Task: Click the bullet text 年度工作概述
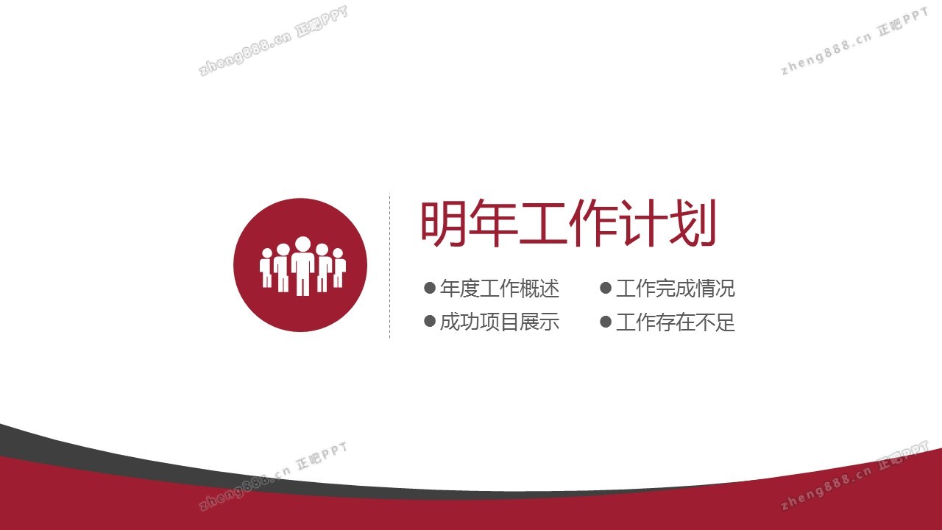pyautogui.click(x=500, y=289)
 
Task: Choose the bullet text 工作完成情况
pyautogui.click(x=676, y=289)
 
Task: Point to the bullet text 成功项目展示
pyautogui.click(x=500, y=322)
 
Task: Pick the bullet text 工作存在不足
pyautogui.click(x=676, y=322)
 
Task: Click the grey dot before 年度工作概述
pyautogui.click(x=429, y=288)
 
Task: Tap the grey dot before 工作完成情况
pyautogui.click(x=606, y=288)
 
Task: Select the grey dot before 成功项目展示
pyautogui.click(x=429, y=322)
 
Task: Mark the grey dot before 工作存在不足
pyautogui.click(x=606, y=322)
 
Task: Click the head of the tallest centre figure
pyautogui.click(x=302, y=244)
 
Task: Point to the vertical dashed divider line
pyautogui.click(x=390, y=266)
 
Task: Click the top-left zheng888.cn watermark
pyautogui.click(x=273, y=40)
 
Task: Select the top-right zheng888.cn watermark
pyautogui.click(x=854, y=41)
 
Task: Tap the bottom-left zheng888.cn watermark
pyautogui.click(x=273, y=476)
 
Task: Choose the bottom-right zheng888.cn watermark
pyautogui.click(x=854, y=476)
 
